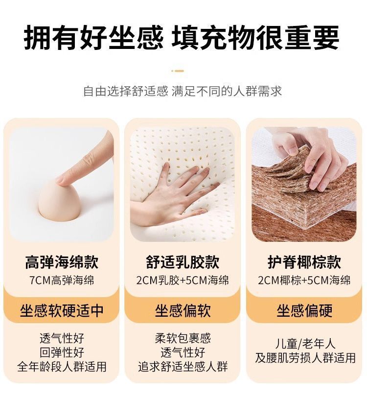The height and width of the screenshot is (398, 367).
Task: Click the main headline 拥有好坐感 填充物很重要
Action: pyautogui.click(x=182, y=38)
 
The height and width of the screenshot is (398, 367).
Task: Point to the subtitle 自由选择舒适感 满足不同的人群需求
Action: pyautogui.click(x=183, y=92)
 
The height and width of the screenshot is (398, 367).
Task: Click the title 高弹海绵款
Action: pyautogui.click(x=62, y=262)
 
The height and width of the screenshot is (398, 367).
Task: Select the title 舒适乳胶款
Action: pyautogui.click(x=183, y=262)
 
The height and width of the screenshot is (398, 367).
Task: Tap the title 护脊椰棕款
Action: pyautogui.click(x=304, y=262)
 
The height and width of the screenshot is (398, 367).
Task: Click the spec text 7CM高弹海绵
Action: pyautogui.click(x=62, y=281)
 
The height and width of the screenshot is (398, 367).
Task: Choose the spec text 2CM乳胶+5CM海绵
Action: pyautogui.click(x=183, y=281)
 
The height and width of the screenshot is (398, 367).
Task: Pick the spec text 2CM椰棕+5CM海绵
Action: pyautogui.click(x=304, y=281)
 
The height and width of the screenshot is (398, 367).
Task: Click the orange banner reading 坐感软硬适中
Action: pyautogui.click(x=62, y=310)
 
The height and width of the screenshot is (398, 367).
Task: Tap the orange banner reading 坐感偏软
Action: pyautogui.click(x=183, y=310)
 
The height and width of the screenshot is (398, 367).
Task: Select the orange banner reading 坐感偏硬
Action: pyautogui.click(x=304, y=310)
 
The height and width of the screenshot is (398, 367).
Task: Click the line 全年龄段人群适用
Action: pyautogui.click(x=62, y=367)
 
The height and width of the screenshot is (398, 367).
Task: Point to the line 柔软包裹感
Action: pyautogui.click(x=183, y=338)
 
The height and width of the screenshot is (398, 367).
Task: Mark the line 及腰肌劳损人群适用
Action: pyautogui.click(x=305, y=358)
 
